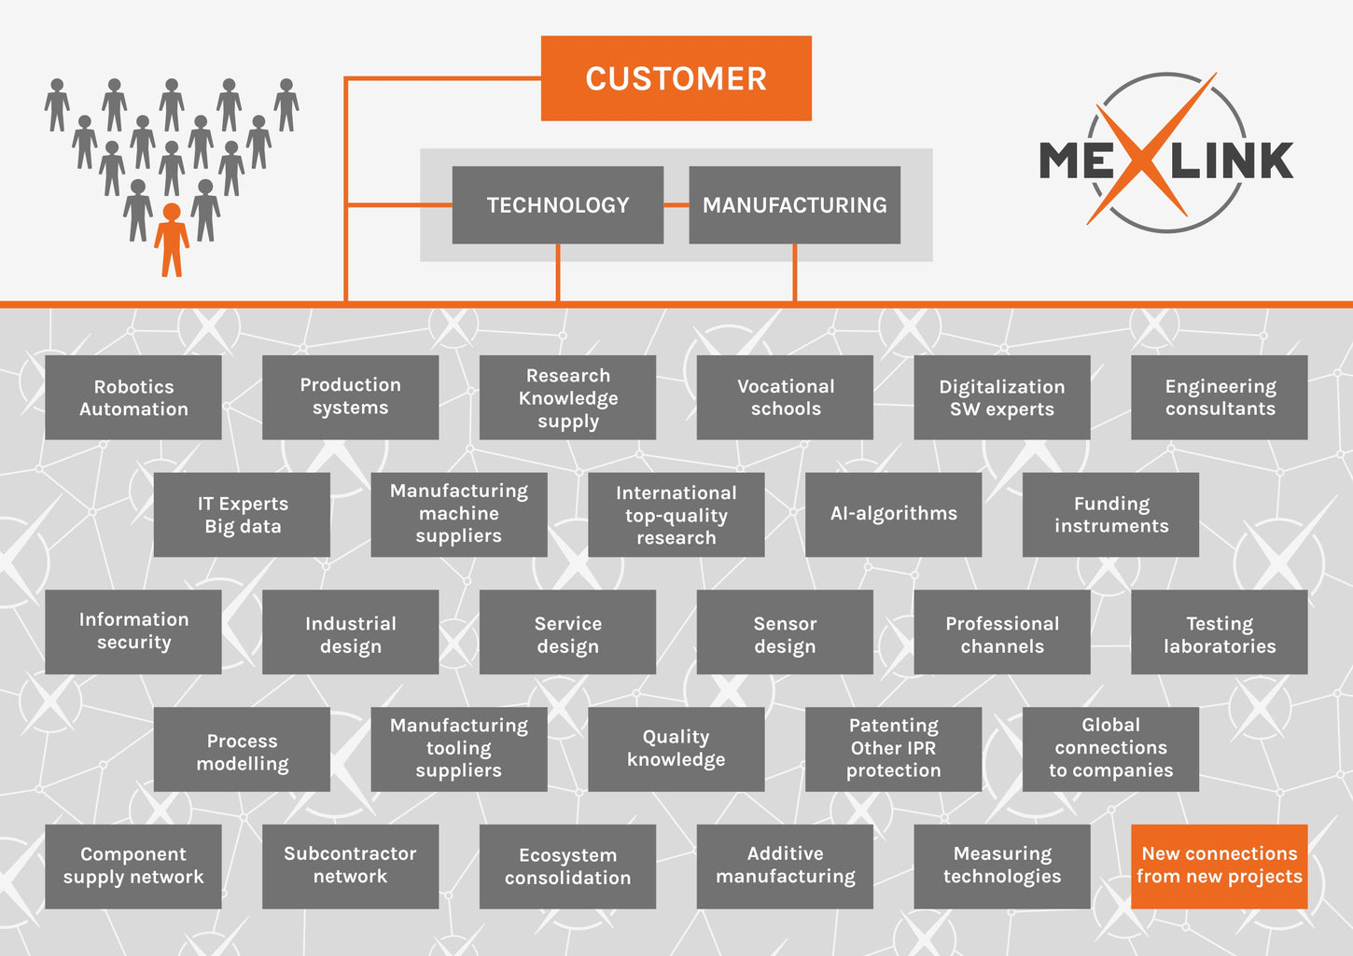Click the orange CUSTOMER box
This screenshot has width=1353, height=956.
676,78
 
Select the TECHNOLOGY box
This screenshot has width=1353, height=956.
557,205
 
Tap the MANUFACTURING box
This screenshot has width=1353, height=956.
794,205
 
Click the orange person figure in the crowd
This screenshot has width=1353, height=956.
172,240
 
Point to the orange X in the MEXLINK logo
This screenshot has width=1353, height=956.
1151,149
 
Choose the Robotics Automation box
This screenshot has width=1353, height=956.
133,397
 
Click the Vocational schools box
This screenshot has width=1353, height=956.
785,397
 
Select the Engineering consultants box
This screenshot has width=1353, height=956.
1219,397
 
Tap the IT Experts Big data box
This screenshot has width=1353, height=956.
242,515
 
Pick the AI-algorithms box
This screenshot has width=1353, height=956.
893,515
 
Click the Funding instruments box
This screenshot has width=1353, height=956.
1110,515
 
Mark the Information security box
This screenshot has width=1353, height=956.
133,631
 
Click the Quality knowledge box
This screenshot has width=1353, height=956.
676,749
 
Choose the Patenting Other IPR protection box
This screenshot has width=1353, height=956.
893,749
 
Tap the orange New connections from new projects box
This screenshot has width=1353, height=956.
1219,866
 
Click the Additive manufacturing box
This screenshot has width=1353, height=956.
785,866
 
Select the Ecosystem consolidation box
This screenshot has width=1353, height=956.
567,866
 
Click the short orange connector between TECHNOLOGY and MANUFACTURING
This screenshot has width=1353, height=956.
676,205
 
